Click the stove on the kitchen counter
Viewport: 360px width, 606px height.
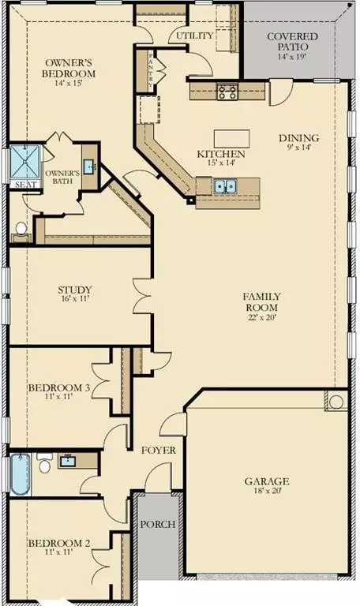pyautogui.click(x=227, y=92)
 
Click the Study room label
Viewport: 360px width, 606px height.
pyautogui.click(x=75, y=289)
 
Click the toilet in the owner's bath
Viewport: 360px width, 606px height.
pyautogui.click(x=21, y=230)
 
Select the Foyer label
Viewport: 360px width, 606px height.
pyautogui.click(x=158, y=451)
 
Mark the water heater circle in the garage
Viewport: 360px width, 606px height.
pyautogui.click(x=336, y=402)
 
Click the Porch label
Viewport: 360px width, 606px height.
pyautogui.click(x=156, y=525)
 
